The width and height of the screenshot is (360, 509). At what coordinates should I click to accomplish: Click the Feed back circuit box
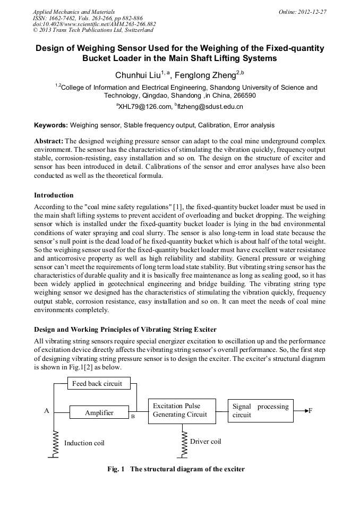click(x=97, y=383)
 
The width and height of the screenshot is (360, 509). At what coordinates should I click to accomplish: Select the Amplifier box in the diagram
click(x=99, y=412)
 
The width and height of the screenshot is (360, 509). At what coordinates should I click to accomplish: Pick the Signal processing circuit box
click(x=260, y=411)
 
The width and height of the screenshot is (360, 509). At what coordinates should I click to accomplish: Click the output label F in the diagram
click(x=311, y=411)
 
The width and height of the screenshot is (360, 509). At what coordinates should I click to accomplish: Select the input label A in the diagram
click(x=47, y=411)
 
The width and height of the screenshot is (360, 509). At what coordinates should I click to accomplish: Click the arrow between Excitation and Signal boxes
click(x=222, y=410)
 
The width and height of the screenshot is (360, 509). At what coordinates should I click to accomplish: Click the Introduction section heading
click(x=54, y=195)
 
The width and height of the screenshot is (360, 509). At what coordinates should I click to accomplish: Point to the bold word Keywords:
click(x=51, y=125)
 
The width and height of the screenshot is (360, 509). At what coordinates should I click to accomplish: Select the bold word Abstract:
click(x=49, y=141)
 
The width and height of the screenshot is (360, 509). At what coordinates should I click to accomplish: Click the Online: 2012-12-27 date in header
click(x=302, y=12)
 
